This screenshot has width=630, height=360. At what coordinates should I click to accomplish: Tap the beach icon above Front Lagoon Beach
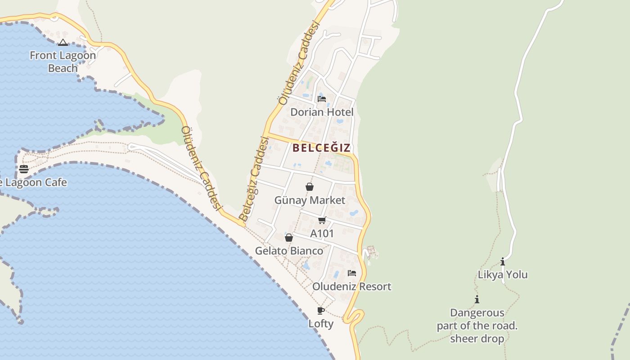63,43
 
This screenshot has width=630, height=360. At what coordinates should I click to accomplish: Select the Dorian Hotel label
322,112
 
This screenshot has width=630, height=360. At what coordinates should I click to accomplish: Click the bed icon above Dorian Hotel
322,99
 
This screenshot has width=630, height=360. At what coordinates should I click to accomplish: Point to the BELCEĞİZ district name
321,148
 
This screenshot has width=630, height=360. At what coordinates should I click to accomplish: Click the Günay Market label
310,200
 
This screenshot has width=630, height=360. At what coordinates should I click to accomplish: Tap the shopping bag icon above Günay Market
310,187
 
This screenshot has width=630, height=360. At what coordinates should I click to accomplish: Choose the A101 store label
322,234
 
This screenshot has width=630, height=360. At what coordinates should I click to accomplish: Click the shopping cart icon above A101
322,220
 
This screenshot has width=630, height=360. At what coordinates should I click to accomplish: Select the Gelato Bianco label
289,251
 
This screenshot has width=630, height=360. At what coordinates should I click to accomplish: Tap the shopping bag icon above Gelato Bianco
289,238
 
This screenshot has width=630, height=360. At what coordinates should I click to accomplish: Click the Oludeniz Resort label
352,286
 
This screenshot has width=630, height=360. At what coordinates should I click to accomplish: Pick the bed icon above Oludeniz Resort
352,273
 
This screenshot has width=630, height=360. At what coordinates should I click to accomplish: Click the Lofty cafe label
321,324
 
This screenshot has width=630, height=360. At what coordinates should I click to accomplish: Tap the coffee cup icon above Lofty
321,310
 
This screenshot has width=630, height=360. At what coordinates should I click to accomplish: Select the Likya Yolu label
503,274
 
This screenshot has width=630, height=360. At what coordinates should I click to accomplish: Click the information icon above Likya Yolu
503,261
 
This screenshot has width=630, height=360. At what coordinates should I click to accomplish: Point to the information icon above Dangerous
477,299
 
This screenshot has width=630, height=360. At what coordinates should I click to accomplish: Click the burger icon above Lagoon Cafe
24,169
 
